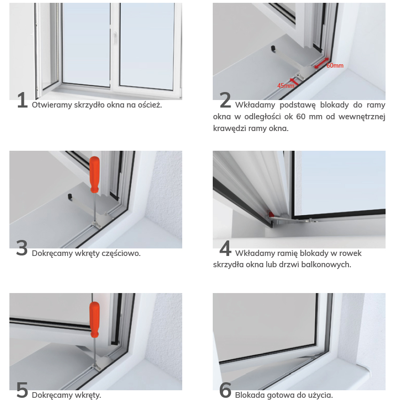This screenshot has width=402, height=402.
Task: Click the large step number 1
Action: pos(22,100)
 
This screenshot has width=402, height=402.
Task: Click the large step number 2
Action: pos(225,100)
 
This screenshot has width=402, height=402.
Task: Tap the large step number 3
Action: pos(22,248)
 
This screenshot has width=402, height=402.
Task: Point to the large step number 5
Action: pos(22,390)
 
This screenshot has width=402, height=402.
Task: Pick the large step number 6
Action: pos(225,390)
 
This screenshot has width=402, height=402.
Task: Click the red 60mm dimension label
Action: pos(335,66)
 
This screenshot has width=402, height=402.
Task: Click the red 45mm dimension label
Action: pos(286,85)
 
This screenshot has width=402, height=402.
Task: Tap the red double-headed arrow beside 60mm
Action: pos(322,63)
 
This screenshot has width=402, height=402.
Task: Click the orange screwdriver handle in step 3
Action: pos(94,175)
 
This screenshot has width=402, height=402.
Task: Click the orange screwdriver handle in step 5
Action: pos(94,320)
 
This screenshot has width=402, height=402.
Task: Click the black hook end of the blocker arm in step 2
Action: pos(273,48)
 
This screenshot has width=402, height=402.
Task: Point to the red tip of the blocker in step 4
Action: pos(271,214)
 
